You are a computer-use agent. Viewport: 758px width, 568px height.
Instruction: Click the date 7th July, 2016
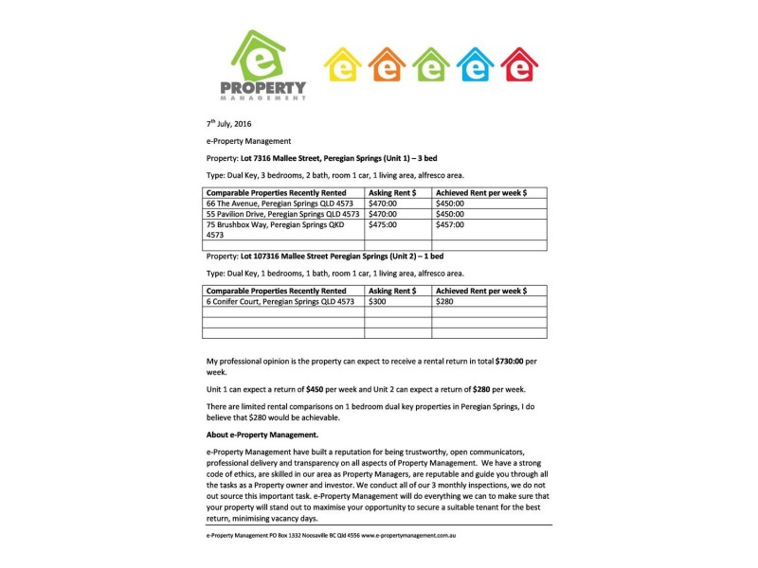click(x=229, y=124)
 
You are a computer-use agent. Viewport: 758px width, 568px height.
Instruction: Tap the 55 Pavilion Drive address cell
click(x=282, y=214)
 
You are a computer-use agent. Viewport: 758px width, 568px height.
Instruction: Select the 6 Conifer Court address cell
click(x=280, y=301)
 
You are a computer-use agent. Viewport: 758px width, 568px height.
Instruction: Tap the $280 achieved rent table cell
click(x=444, y=301)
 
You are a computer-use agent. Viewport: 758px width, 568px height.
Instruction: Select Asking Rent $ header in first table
click(x=391, y=192)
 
